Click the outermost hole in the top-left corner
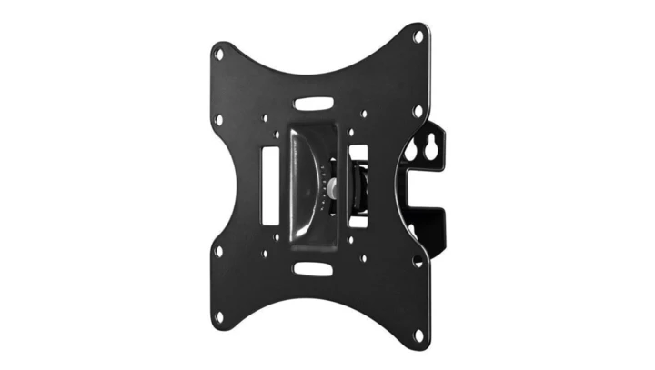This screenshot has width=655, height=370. (218, 54)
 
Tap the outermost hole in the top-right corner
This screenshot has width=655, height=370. (418, 37)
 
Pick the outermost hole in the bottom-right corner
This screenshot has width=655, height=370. (419, 335)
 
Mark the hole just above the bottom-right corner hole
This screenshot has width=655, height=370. (418, 261)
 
